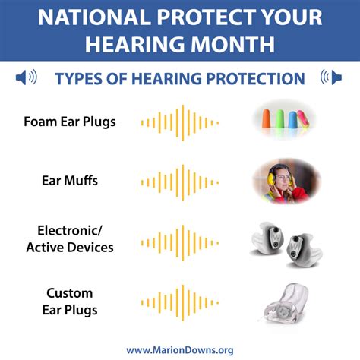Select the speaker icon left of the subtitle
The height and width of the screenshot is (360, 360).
pos(26,77)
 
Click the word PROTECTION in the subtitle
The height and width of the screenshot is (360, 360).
pos(259,78)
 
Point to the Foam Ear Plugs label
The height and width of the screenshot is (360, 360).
pos(70,122)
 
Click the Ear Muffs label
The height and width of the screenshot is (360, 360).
pos(69,181)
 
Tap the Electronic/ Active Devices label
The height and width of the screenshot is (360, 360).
pos(70,238)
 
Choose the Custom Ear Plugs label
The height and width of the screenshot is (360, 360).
pos(70,301)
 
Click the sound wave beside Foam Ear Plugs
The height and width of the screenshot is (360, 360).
pos(180,122)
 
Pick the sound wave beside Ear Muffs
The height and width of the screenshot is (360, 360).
pos(180,182)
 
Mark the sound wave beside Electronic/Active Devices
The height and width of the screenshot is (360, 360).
pos(180,239)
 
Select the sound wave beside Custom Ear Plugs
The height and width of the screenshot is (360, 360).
pos(180,302)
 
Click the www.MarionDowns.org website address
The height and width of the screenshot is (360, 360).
pos(180,349)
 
